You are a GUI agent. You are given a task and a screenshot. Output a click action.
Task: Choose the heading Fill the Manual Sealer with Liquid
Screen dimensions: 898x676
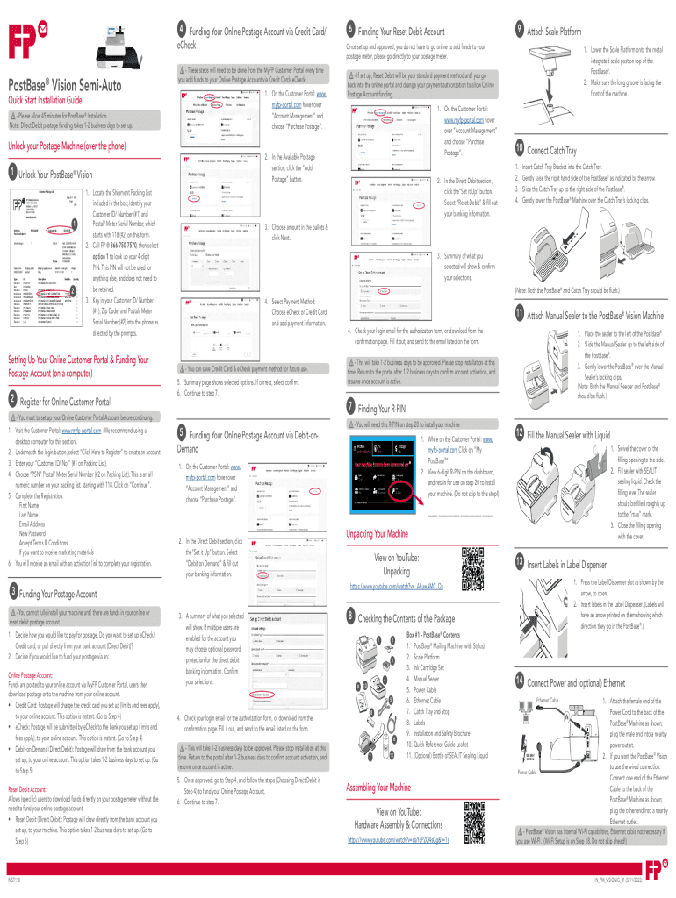click(568, 435)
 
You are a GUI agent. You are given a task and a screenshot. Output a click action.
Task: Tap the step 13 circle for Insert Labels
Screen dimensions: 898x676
click(521, 561)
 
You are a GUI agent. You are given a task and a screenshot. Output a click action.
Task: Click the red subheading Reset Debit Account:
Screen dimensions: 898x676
click(32, 766)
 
